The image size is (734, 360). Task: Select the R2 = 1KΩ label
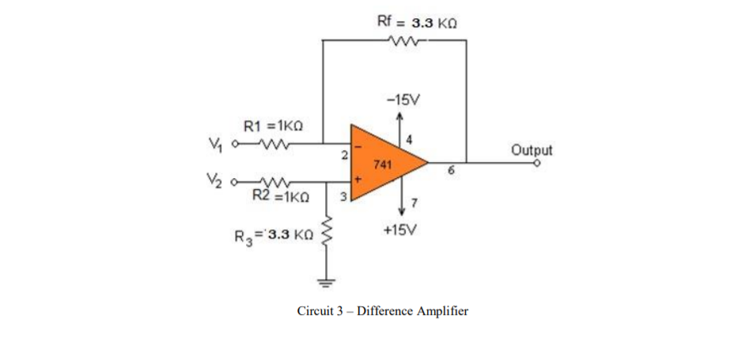click(x=281, y=193)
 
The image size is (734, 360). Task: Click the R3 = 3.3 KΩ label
click(x=271, y=235)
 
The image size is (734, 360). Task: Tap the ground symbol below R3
click(x=324, y=281)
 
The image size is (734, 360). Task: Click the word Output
click(x=532, y=150)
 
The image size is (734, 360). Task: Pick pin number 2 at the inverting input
click(x=345, y=153)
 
